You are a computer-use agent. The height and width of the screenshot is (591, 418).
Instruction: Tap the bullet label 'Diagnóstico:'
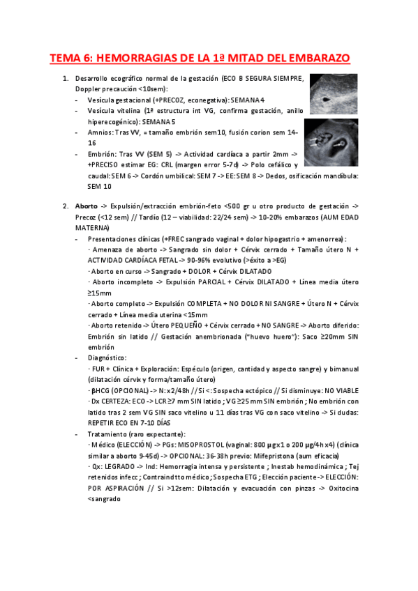(107, 357)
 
